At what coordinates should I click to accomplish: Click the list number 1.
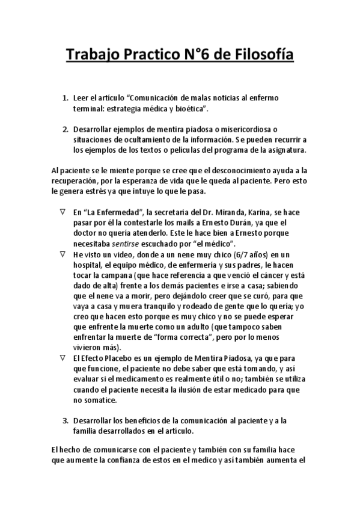65,97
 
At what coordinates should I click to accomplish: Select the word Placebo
117,357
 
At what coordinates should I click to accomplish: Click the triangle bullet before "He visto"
63,254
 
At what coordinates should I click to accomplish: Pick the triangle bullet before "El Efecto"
63,358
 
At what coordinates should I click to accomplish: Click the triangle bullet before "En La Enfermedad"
63,212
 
